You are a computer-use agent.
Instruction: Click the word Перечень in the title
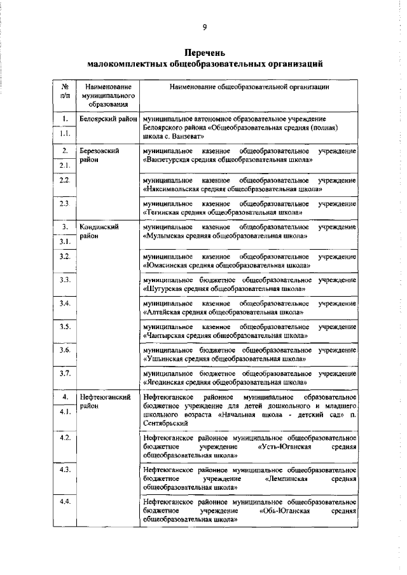pos(205,52)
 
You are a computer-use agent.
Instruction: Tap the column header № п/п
pos(65,90)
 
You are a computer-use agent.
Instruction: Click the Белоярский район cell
pos(107,119)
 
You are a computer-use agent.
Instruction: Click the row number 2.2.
pos(65,180)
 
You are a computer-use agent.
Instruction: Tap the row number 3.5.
pos(65,327)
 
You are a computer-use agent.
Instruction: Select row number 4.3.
pos(65,469)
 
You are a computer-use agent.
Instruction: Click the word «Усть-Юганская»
pos(286,447)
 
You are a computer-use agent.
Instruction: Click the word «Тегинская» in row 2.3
pos(165,212)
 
